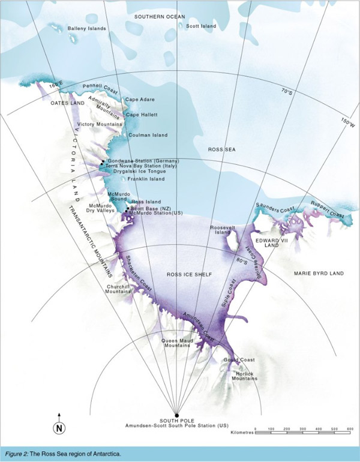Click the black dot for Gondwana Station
(103, 161)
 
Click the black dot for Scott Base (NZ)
(127, 208)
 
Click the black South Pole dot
(176, 415)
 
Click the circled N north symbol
(59, 428)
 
